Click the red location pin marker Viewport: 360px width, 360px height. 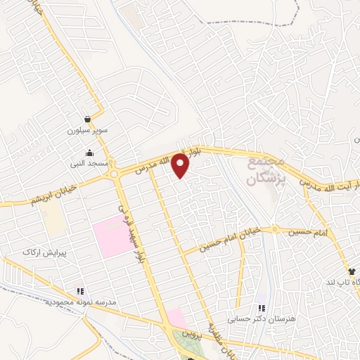[x=181, y=165]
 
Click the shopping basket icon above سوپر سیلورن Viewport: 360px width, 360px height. [x=86, y=120]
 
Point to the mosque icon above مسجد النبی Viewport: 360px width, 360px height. [x=89, y=153]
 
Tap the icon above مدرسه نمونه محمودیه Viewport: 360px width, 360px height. [x=80, y=291]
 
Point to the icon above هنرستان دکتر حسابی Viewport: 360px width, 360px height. [x=262, y=308]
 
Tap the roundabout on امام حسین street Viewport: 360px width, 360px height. [x=276, y=230]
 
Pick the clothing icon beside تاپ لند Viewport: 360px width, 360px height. [x=351, y=271]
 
